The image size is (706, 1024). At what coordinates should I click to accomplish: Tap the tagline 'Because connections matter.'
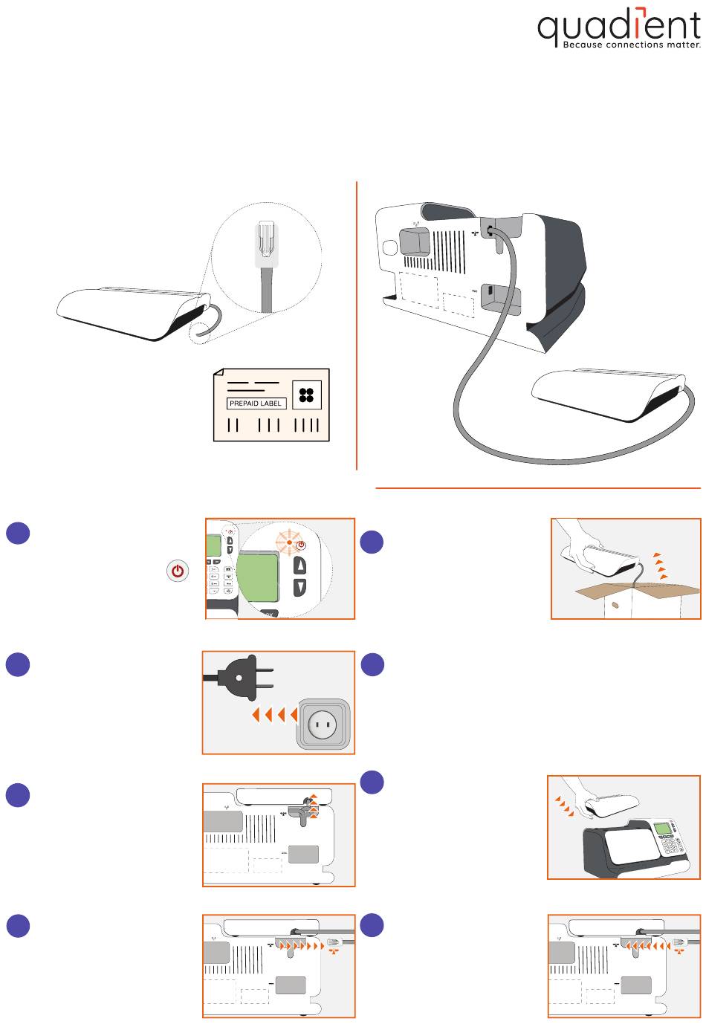coord(632,45)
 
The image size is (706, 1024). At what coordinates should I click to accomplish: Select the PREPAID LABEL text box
coord(256,404)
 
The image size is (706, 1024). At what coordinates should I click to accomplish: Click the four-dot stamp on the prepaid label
coord(306,395)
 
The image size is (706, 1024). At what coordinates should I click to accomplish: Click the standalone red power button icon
coord(177,571)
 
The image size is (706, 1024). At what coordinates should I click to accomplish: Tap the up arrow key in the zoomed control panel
coord(300,566)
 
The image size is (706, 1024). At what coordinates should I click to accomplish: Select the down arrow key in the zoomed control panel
coord(300,587)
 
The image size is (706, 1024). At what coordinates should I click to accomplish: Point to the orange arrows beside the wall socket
coord(274,715)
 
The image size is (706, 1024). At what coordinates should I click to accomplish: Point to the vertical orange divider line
coord(357,327)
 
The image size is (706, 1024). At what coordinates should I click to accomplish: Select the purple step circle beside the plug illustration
coord(18,664)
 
